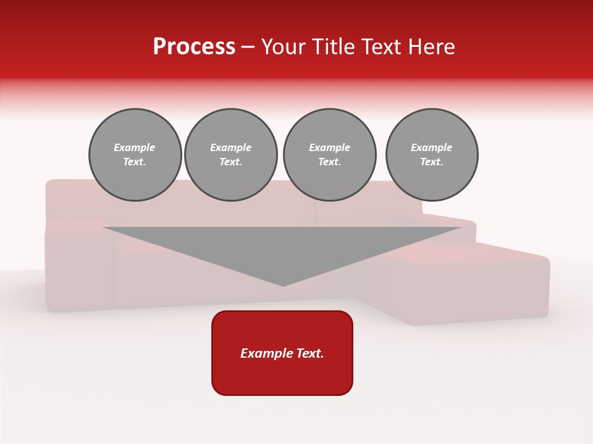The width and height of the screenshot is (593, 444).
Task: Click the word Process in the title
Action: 194,47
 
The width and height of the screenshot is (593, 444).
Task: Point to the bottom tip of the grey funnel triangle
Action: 283,285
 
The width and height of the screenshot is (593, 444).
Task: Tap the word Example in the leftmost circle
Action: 135,147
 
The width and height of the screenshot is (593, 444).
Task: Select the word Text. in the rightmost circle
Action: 432,162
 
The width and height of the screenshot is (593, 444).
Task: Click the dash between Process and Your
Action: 248,47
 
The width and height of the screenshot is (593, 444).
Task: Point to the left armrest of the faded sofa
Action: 77,265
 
